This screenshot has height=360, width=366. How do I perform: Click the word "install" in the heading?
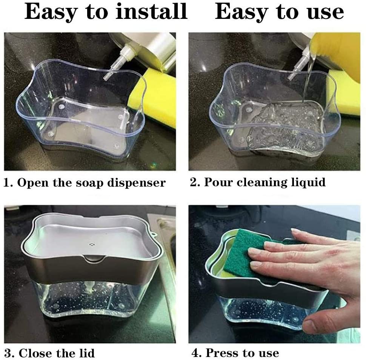coord(151,11)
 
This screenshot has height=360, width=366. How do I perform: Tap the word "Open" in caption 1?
coord(33,183)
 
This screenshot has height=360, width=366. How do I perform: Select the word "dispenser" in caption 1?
coord(137,182)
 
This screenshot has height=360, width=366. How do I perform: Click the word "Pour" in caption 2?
coord(218,182)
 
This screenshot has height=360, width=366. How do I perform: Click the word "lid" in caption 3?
coord(86,353)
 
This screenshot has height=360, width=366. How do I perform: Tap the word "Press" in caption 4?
coord(221,353)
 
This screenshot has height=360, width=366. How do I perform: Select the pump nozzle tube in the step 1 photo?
coord(115,63)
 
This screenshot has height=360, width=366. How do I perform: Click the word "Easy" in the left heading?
coord(51,12)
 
